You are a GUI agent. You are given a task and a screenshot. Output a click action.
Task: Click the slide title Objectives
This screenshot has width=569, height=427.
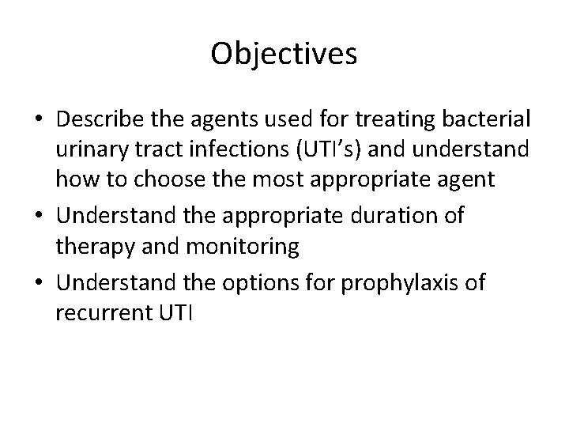284,54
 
